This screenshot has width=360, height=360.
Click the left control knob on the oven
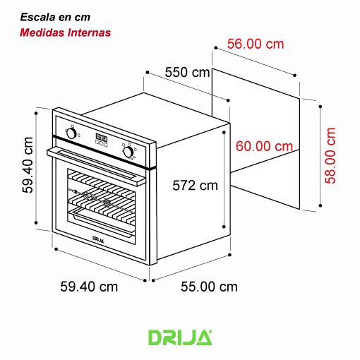coord(71,132)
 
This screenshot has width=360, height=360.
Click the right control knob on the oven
coord(128,151)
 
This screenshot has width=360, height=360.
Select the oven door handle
coord(99,163)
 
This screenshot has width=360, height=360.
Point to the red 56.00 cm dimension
coord(256,44)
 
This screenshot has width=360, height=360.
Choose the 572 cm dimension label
coord(196,186)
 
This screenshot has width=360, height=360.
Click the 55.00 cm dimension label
coord(209,287)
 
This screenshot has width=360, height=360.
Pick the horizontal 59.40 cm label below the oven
coord(89,287)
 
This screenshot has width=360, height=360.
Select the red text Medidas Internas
coord(65,32)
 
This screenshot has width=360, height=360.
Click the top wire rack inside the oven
coord(102,186)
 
